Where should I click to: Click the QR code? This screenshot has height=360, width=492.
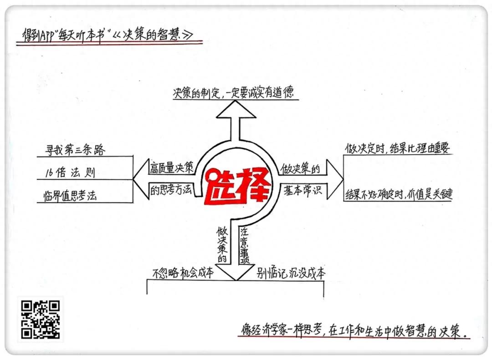40,319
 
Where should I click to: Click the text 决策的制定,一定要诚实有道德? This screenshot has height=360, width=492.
236,93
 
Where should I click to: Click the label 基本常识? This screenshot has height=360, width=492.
301,191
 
